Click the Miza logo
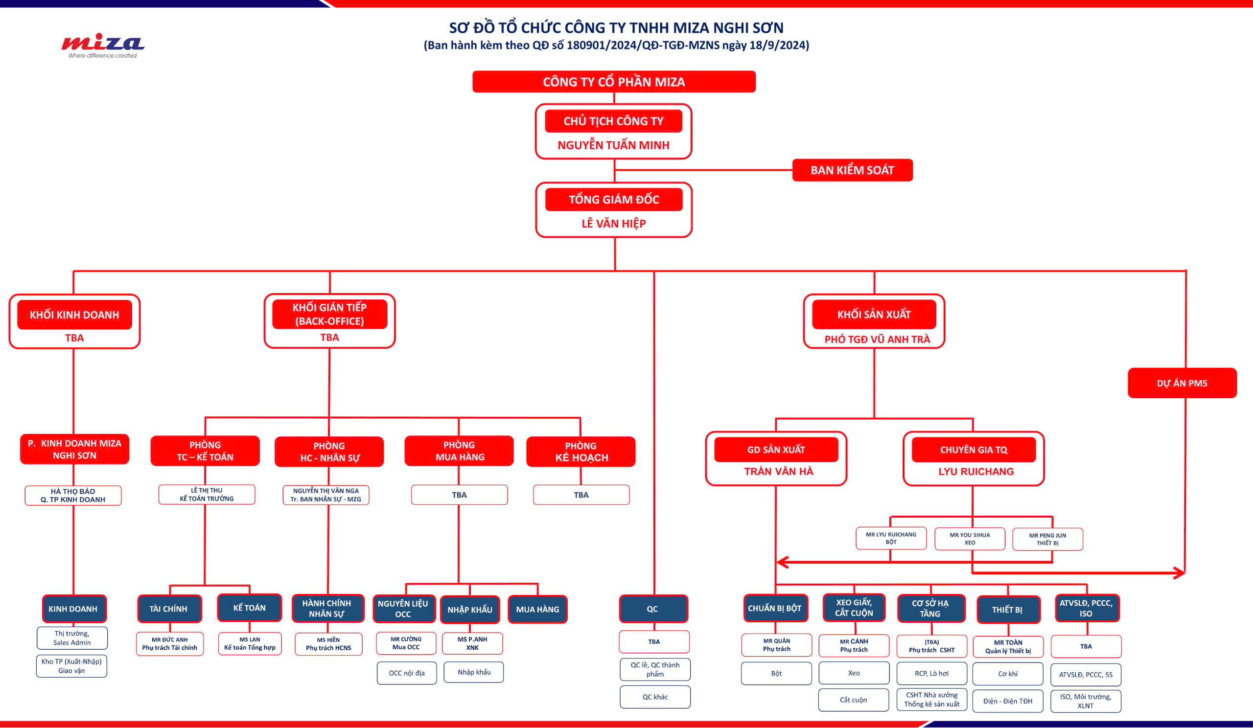[x=102, y=45]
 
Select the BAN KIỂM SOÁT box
[x=852, y=170]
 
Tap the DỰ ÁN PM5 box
[x=1182, y=383]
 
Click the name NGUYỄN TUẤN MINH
[x=613, y=145]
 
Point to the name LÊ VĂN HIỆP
[x=613, y=224]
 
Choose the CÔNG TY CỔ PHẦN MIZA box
[x=614, y=82]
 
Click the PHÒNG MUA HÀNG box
[x=459, y=451]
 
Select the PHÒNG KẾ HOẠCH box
[x=581, y=451]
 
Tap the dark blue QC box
[x=653, y=609]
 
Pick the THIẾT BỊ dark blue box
[x=1008, y=609]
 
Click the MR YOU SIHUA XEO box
[x=969, y=539]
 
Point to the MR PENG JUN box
[x=1047, y=539]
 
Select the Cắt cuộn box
[x=853, y=700]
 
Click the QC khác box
[x=655, y=697]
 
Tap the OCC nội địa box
[x=406, y=673]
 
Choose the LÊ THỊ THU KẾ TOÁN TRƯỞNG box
[x=207, y=495]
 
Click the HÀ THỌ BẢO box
[x=73, y=496]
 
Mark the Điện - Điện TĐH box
[x=1007, y=701]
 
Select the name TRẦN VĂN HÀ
[x=778, y=471]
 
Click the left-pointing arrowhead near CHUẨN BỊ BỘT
[x=782, y=562]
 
